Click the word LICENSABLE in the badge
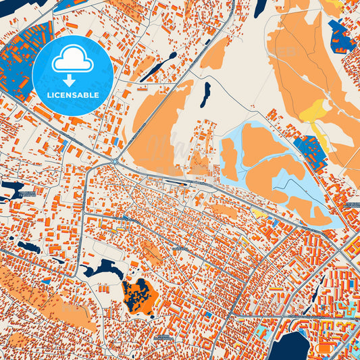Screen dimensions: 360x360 (73, 95)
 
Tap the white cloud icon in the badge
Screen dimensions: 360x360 (72, 61)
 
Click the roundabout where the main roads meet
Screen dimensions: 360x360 (115, 161)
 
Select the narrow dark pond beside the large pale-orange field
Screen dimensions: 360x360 (205, 94)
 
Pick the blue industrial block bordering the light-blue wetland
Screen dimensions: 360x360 (308, 148)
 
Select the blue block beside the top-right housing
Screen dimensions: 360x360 (341, 37)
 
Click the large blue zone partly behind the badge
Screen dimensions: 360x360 (20, 61)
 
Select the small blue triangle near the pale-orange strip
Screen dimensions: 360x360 (47, 280)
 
